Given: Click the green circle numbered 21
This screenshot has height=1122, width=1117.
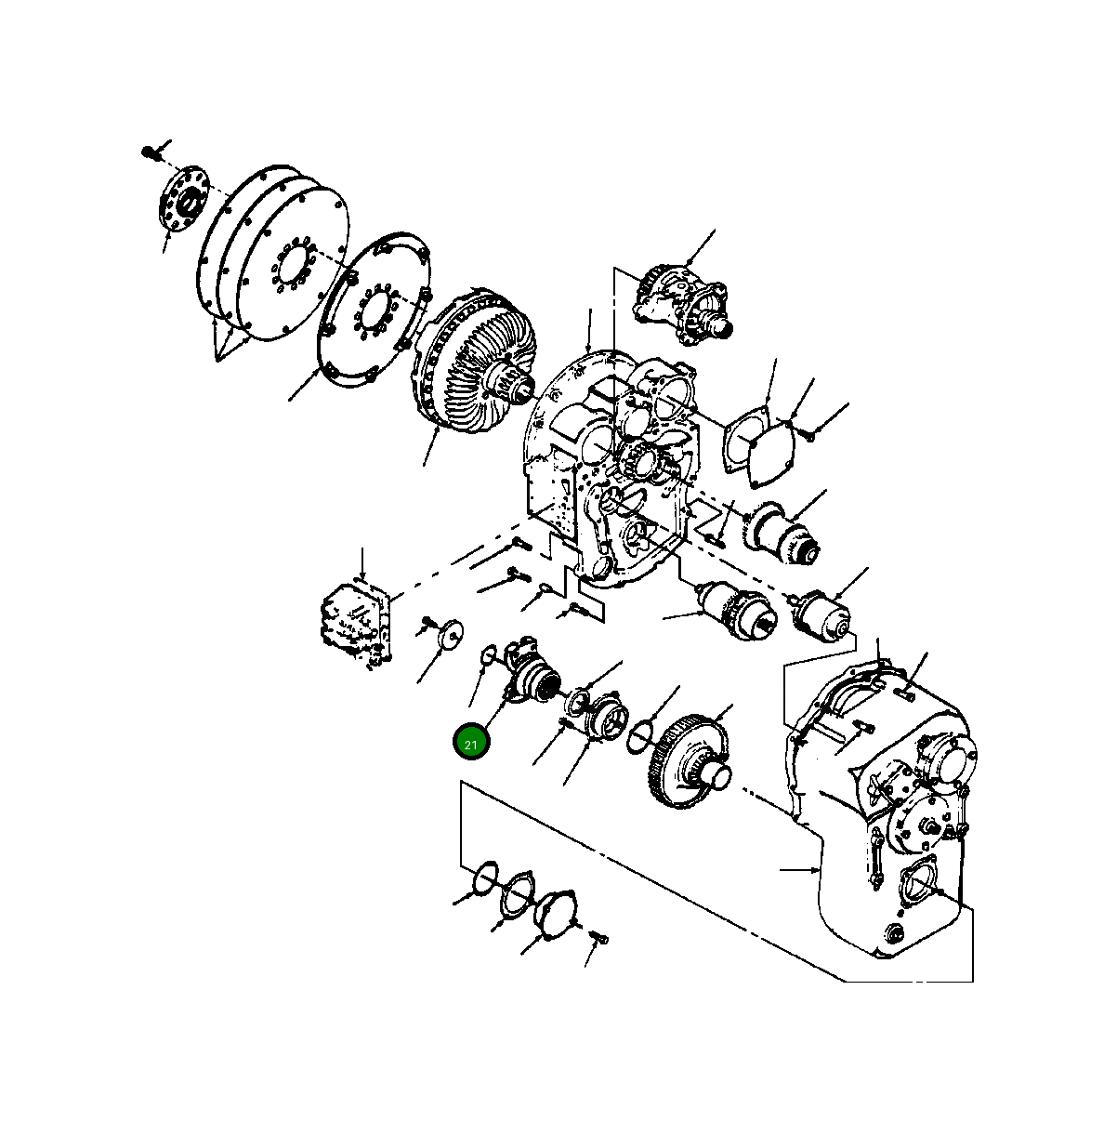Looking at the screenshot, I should coord(471,743).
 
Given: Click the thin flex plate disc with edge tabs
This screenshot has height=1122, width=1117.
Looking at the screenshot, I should coord(373,311).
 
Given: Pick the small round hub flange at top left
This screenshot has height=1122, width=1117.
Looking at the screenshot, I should coord(183,203).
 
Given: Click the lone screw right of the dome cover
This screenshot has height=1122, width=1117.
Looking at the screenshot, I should coord(598,939).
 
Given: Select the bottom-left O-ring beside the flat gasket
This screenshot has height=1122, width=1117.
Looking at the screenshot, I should coord(485,877).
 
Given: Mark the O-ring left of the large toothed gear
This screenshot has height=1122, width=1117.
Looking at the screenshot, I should coord(643,732).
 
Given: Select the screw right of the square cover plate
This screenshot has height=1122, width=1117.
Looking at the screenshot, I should coord(808,432).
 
